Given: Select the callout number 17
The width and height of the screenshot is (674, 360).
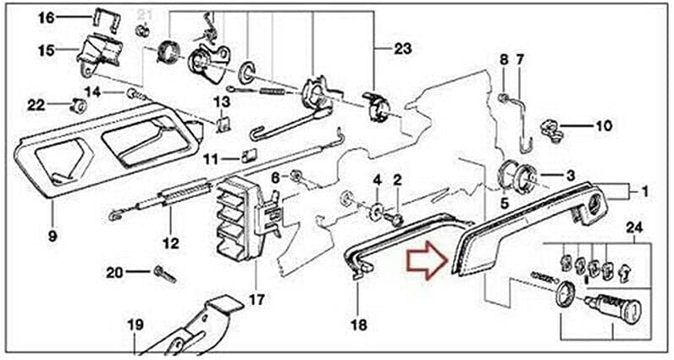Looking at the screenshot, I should (256, 300).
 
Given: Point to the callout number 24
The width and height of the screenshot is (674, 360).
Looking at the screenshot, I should (633, 228).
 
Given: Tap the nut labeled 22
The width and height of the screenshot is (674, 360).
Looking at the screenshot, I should (77, 106).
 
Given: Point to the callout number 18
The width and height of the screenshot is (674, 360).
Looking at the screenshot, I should (359, 324).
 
